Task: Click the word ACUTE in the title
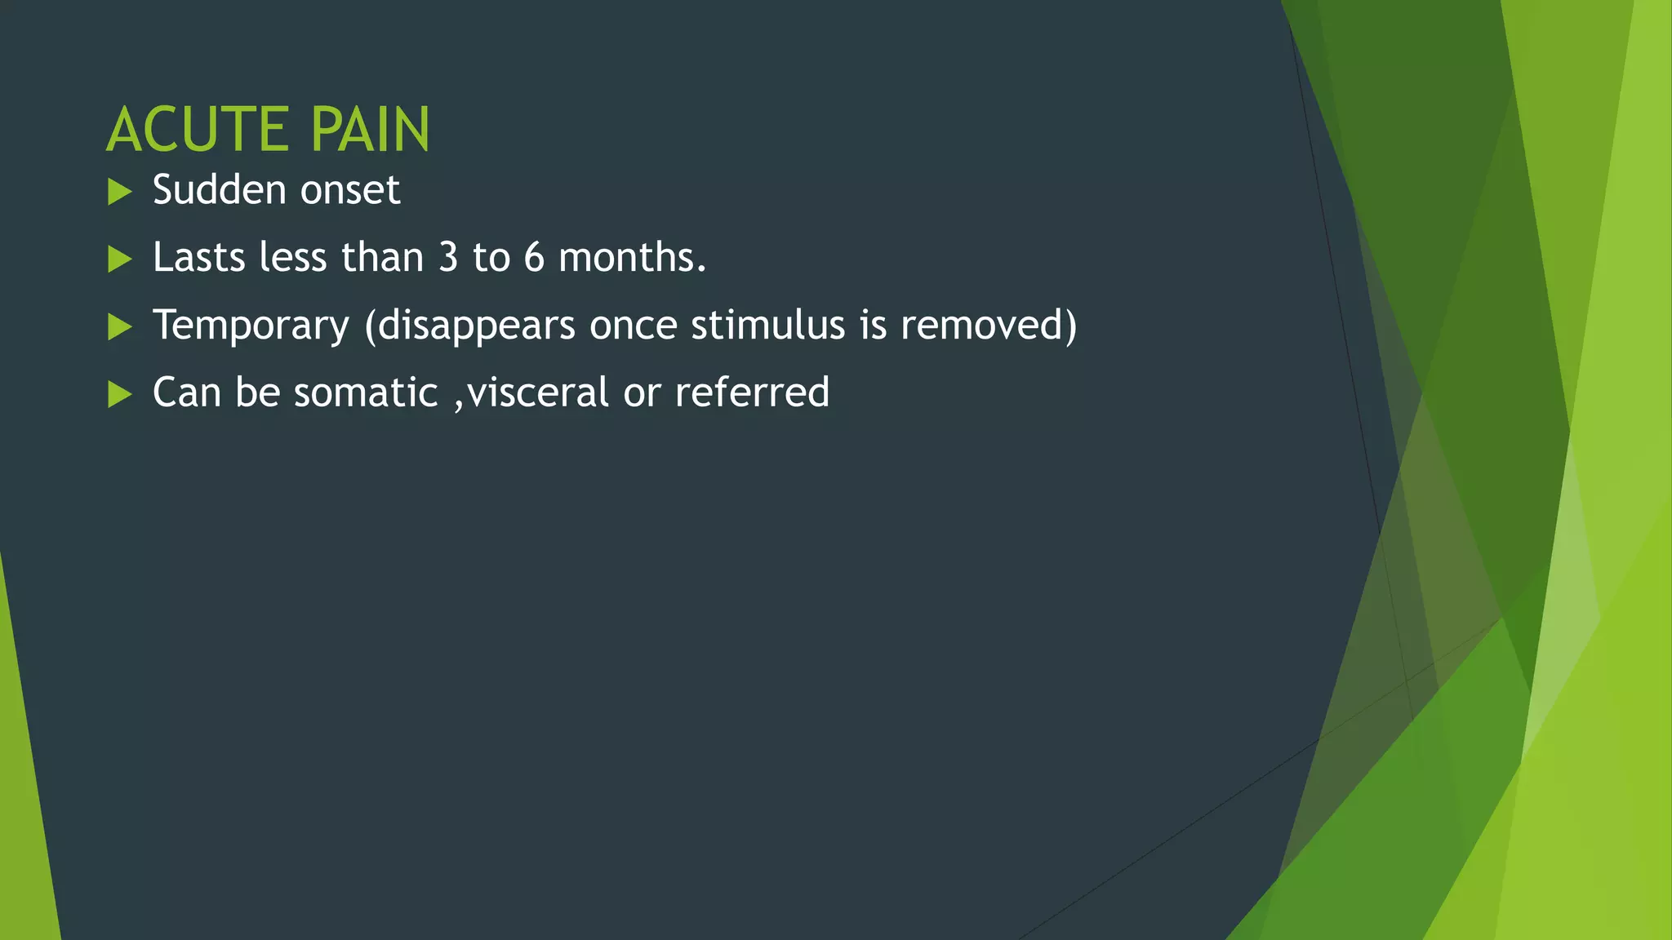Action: [x=196, y=130]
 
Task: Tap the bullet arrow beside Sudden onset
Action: [x=120, y=193]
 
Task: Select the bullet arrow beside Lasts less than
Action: [x=120, y=259]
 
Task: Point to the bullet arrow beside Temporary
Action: [x=120, y=327]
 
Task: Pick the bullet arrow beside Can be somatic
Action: [x=120, y=395]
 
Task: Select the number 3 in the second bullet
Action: [x=448, y=258]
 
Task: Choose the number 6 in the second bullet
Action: [x=534, y=258]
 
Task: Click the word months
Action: [x=631, y=258]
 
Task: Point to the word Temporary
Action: [x=251, y=326]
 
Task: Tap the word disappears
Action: [x=477, y=326]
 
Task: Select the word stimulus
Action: [x=767, y=325]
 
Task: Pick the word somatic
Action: [x=366, y=392]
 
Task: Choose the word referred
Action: [x=752, y=392]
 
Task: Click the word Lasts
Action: [x=198, y=258]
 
